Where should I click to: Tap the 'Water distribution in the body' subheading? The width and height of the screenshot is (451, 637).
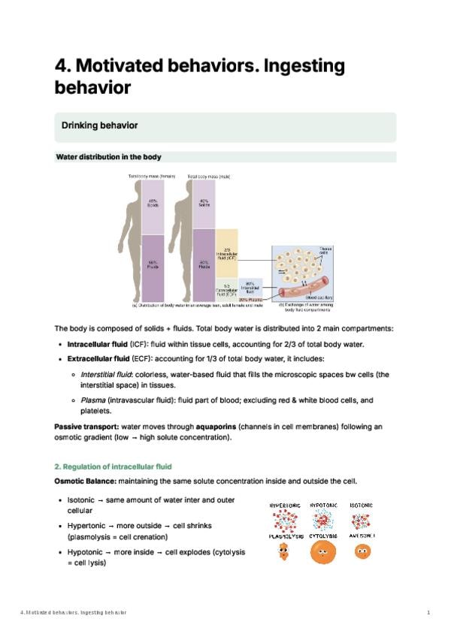109,157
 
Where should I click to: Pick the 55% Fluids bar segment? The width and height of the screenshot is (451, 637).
153,267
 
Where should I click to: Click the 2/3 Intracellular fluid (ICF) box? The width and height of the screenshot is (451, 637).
226,253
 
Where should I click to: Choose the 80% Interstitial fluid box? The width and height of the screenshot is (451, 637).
250,287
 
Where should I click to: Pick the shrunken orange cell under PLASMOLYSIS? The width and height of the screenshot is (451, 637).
283,552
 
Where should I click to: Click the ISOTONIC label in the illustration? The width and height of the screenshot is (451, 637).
362,506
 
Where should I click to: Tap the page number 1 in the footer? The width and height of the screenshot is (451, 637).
428,613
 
